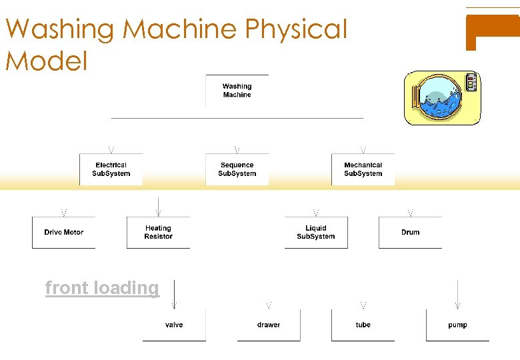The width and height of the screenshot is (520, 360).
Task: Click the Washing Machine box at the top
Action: tap(237, 91)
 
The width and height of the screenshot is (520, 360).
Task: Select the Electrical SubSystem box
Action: tap(111, 169)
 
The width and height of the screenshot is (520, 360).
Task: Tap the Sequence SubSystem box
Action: tap(237, 169)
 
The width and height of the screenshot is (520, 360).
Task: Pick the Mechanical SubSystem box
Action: tap(363, 169)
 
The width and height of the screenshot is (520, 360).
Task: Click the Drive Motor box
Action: tap(63, 232)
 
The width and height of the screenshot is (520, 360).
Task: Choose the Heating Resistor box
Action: tap(158, 232)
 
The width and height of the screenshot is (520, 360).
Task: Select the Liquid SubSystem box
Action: tap(315, 232)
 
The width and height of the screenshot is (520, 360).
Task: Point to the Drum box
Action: tap(410, 232)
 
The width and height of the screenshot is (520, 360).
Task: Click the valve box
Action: tap(174, 325)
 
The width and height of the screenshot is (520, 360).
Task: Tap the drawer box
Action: tap(269, 325)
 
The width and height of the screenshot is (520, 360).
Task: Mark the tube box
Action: tap(363, 325)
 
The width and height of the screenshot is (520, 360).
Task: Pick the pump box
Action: tap(457, 325)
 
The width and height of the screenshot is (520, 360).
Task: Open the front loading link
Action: tap(102, 288)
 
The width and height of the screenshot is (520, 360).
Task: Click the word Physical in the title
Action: tap(297, 29)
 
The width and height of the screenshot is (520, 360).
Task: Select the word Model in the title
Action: tap(47, 61)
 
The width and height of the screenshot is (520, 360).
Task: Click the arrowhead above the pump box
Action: tap(457, 305)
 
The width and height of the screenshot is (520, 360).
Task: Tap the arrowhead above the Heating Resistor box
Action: tap(158, 213)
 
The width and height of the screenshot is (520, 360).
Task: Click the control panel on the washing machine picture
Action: tap(471, 83)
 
